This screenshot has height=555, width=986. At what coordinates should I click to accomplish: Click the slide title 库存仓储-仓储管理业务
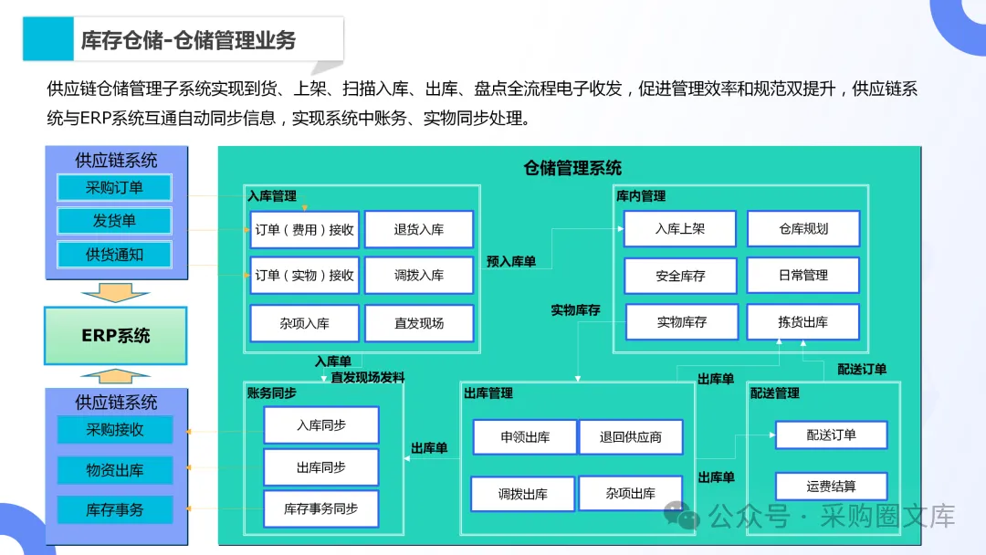[x=188, y=40]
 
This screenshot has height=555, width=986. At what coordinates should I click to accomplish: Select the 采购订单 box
[x=114, y=188]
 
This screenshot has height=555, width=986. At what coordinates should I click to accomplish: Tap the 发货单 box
[x=114, y=221]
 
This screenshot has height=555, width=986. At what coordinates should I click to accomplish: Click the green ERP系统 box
[x=115, y=336]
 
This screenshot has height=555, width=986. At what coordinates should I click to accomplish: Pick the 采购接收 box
[x=114, y=429]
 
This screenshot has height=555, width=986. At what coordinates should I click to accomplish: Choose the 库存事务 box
[x=114, y=509]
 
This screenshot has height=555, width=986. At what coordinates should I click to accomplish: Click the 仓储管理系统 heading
[x=572, y=168]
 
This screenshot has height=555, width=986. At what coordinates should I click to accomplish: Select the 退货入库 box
[x=419, y=230]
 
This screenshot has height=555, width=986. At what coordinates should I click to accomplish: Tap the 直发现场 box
[x=419, y=323]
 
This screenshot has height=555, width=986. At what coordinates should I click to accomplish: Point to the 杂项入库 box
[x=304, y=323]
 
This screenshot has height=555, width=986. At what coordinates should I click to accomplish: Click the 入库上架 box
[x=680, y=229]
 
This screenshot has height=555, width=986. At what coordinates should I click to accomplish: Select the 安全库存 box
[x=680, y=276]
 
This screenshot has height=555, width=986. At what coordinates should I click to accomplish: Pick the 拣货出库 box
[x=803, y=322]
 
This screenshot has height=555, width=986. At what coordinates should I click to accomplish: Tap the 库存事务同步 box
[x=320, y=508]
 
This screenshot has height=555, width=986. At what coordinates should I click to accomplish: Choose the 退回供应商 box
[x=630, y=437]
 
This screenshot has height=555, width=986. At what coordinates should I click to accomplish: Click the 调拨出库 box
[x=522, y=494]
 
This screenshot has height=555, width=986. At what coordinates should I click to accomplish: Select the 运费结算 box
[x=831, y=487]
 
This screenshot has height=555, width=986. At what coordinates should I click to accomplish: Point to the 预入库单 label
[x=511, y=262]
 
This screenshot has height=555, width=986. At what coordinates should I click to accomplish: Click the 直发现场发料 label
[x=368, y=377]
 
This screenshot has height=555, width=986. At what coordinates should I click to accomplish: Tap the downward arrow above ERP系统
[x=115, y=293]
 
